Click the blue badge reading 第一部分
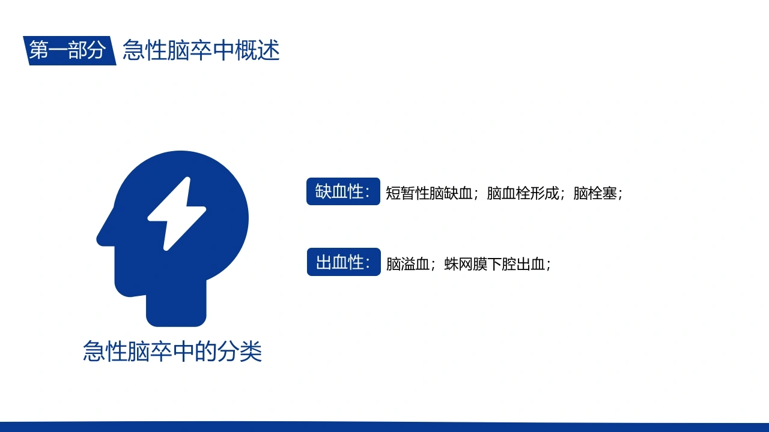70,50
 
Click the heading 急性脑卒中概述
201,50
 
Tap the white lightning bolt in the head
177,214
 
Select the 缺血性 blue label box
343,191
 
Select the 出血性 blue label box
344,262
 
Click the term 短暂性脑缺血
429,193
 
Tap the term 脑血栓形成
523,193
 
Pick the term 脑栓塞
595,193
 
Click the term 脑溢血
408,264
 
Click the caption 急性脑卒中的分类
172,351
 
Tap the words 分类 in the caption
240,351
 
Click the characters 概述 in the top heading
258,50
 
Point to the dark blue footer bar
384,427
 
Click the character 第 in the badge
38,50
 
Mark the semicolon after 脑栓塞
620,194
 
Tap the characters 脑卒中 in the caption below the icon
150,351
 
